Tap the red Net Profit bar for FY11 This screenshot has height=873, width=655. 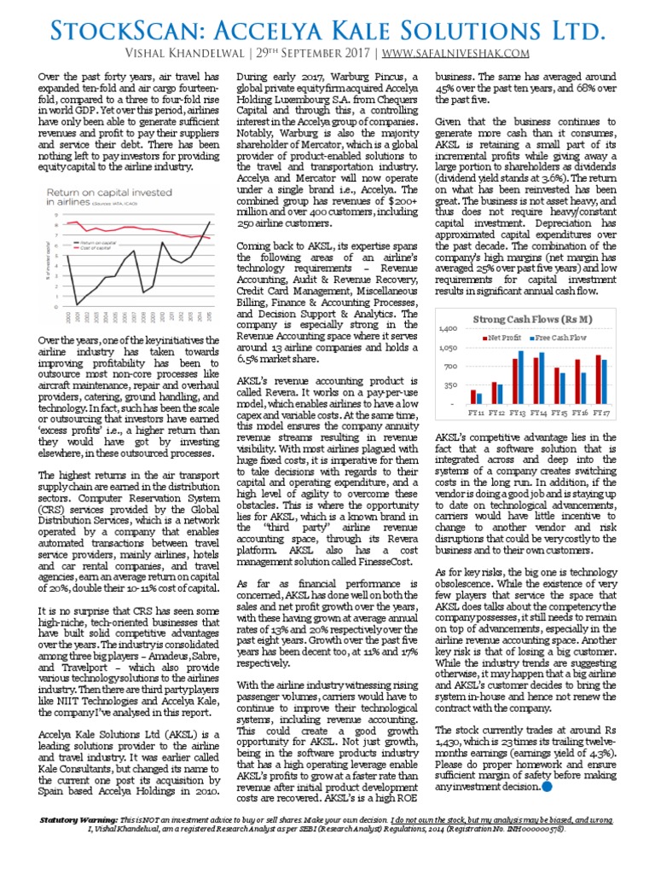tap(472, 396)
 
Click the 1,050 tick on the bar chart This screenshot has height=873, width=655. tap(448, 348)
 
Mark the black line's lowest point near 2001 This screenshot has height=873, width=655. tap(77, 304)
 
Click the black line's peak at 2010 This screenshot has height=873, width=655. tap(163, 243)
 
